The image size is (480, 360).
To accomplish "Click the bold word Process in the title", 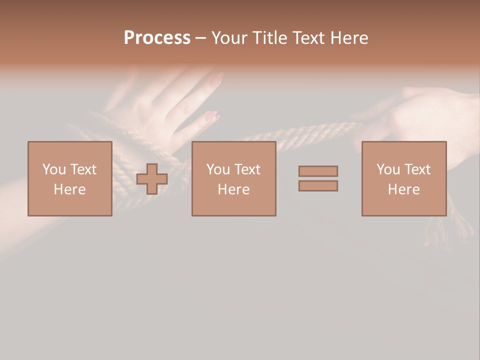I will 157,38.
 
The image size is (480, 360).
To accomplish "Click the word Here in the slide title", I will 348,38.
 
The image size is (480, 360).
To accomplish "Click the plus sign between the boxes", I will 152,179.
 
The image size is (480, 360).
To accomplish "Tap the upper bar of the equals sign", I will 318,171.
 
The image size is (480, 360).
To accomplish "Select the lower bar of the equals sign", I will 318,186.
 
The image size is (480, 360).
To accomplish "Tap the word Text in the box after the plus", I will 247,169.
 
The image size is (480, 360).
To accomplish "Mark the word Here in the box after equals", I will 403,189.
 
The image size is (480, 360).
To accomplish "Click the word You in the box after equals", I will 388,169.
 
